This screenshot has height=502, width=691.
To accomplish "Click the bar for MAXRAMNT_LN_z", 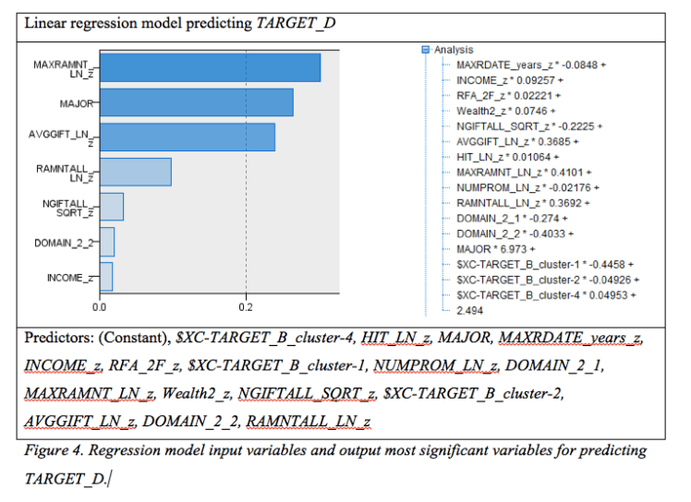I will (x=210, y=67).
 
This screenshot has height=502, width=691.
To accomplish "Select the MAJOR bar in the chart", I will (x=196, y=102).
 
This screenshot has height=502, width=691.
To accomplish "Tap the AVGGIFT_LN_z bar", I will (x=187, y=137).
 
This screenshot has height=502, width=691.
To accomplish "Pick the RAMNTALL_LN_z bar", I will (x=135, y=172).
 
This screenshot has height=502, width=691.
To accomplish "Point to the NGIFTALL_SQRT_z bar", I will (x=111, y=207).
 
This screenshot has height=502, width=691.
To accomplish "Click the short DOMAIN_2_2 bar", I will (x=106, y=242).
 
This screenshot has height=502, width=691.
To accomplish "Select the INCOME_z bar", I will (x=105, y=276).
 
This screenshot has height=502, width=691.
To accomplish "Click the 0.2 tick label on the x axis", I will (x=246, y=305).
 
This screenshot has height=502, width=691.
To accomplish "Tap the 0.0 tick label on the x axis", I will (x=99, y=305).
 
